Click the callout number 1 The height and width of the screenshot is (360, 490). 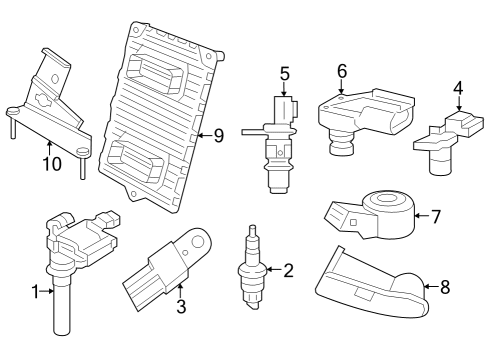[x=35, y=292]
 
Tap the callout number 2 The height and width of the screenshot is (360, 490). [x=289, y=270]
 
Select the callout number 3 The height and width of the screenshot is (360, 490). [x=181, y=307]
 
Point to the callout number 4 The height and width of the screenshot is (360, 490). [x=458, y=88]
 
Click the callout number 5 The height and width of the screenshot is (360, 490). [x=285, y=73]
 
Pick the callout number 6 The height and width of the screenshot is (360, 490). [x=341, y=71]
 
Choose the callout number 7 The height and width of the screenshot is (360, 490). [x=435, y=216]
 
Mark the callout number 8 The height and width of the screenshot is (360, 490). [x=445, y=287]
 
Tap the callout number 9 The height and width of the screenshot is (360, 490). [x=219, y=135]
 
